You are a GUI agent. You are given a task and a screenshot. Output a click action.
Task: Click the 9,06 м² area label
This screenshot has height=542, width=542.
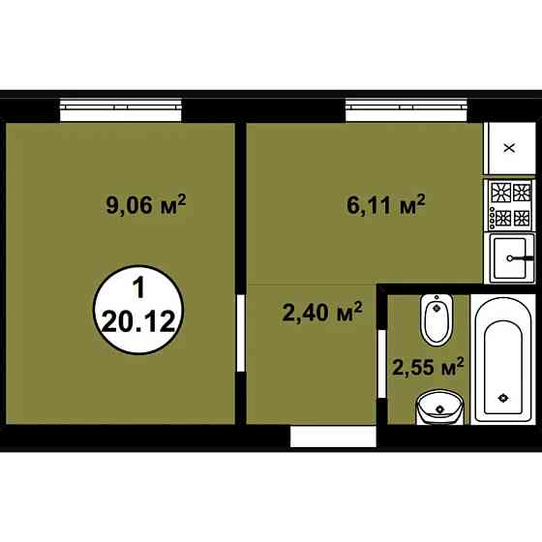coord(145,204)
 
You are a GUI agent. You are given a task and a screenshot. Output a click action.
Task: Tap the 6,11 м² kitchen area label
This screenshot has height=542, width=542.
coord(386,204)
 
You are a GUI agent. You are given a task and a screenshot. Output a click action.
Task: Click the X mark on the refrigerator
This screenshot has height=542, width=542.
coord(510,147)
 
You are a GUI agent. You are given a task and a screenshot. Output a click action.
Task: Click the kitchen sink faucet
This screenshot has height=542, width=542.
coord(524,258)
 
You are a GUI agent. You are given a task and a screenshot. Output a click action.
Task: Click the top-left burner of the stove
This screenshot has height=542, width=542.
coord(499,190)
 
